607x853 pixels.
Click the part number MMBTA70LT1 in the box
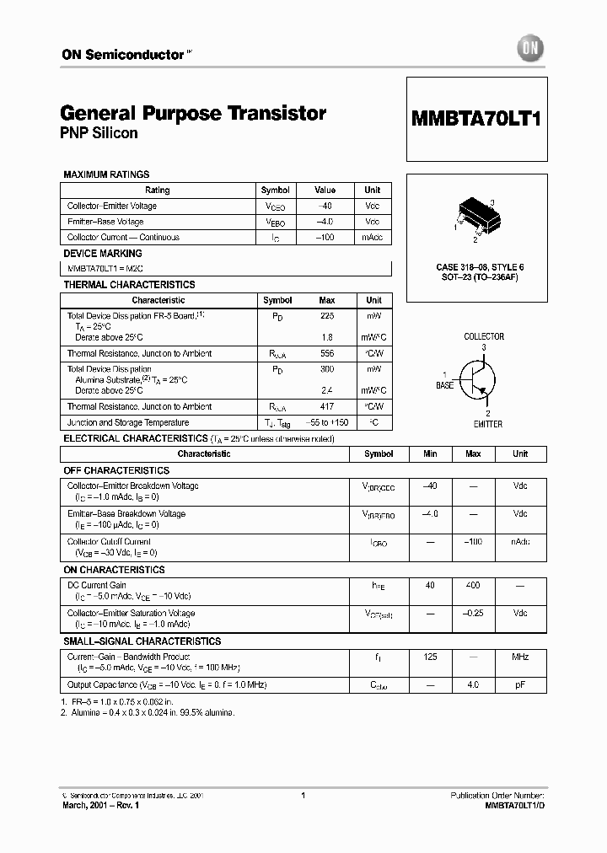pyautogui.click(x=476, y=119)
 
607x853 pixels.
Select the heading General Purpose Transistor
pyautogui.click(x=193, y=113)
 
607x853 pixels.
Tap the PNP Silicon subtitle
pyautogui.click(x=99, y=133)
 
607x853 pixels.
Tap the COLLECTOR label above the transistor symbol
pyautogui.click(x=484, y=336)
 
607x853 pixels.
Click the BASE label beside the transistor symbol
pyautogui.click(x=444, y=385)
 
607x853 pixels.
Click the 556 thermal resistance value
pyautogui.click(x=326, y=353)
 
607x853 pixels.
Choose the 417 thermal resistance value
pyautogui.click(x=326, y=406)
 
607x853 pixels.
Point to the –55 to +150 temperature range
pyautogui.click(x=326, y=422)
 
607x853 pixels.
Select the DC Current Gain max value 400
pyautogui.click(x=473, y=585)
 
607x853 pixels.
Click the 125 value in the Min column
pyautogui.click(x=430, y=657)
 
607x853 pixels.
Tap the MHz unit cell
pyautogui.click(x=520, y=657)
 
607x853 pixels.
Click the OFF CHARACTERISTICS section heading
pyautogui.click(x=116, y=470)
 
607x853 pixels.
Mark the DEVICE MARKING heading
pyautogui.click(x=103, y=253)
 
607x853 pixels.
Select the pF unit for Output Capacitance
pyautogui.click(x=520, y=685)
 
